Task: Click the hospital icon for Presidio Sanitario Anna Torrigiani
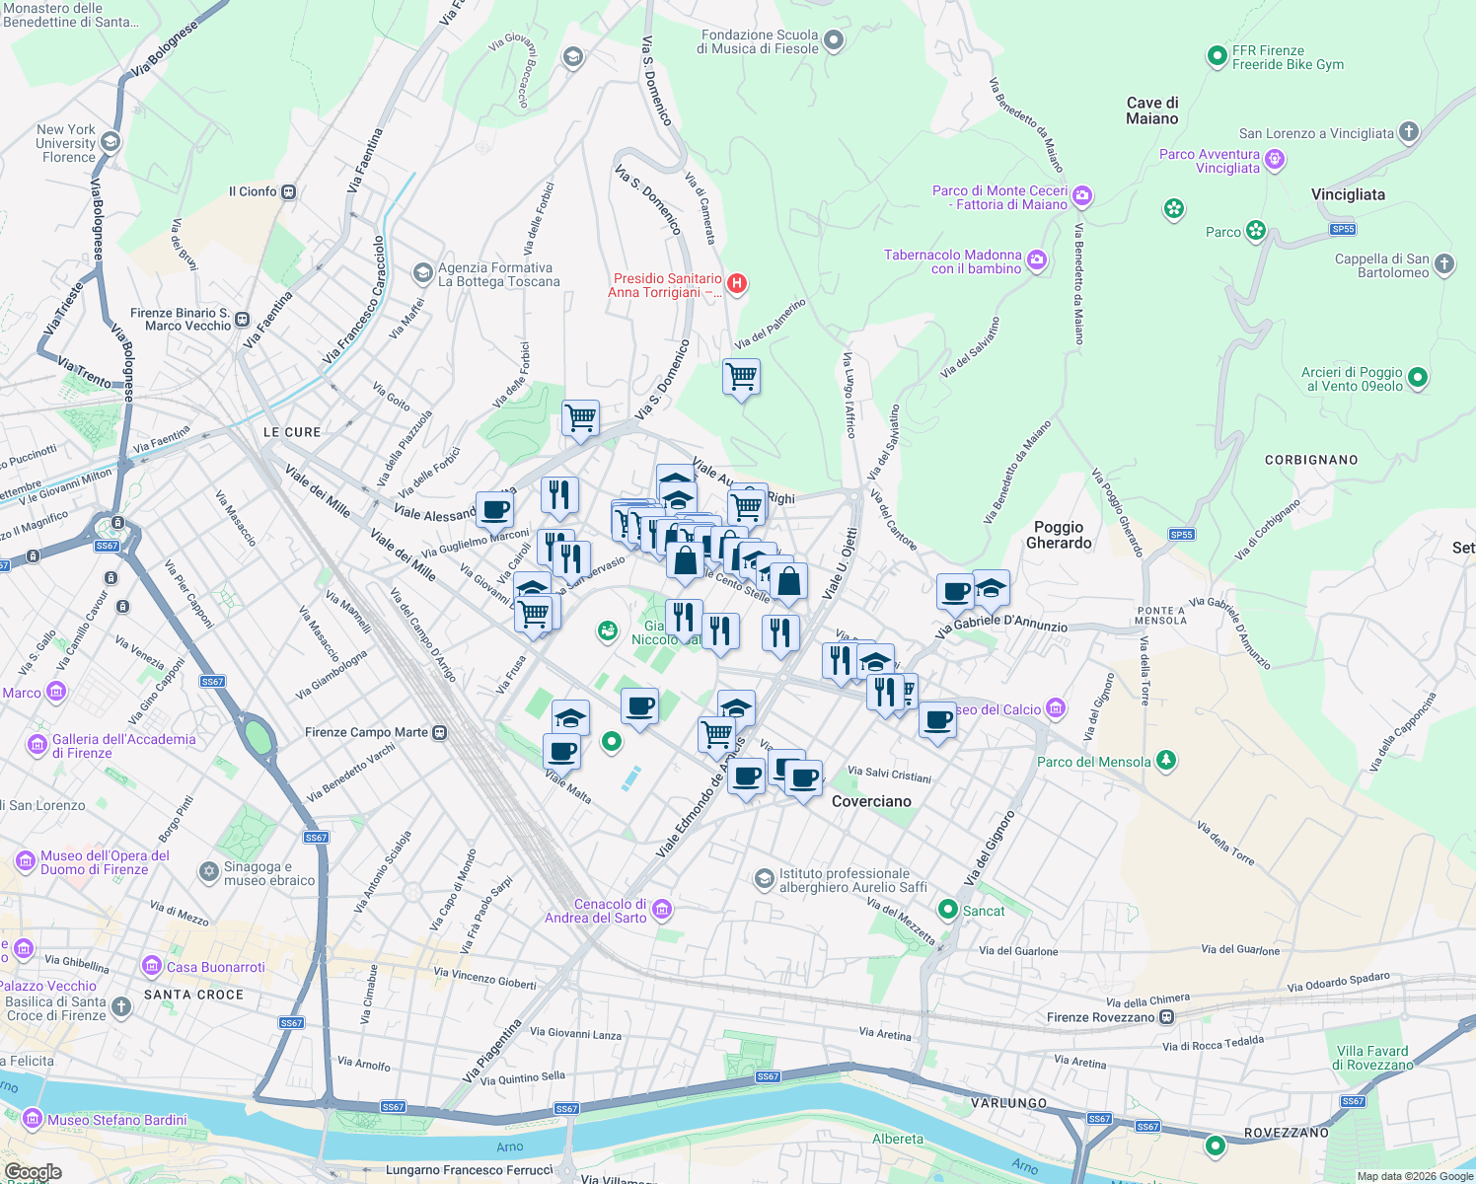[x=736, y=284]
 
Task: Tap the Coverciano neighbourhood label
[x=871, y=801]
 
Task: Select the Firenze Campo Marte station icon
[x=440, y=732]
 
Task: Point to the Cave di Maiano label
[x=1152, y=111]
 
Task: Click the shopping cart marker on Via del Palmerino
[x=741, y=377]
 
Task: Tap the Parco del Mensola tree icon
[x=1166, y=760]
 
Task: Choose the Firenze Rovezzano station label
[x=1100, y=1017]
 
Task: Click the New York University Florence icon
[x=111, y=142]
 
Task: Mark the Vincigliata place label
[x=1348, y=194]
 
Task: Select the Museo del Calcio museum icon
[x=1057, y=707]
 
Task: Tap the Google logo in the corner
[x=33, y=1172]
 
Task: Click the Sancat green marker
[x=948, y=909]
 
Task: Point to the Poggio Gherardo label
[x=1059, y=535]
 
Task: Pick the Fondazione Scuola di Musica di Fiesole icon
[x=834, y=40]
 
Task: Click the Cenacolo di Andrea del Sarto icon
[x=662, y=909]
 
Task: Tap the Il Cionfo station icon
[x=289, y=191]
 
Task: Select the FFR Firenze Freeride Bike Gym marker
[x=1218, y=57]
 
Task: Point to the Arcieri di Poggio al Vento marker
[x=1418, y=377]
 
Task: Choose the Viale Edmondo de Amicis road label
[x=699, y=799]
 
